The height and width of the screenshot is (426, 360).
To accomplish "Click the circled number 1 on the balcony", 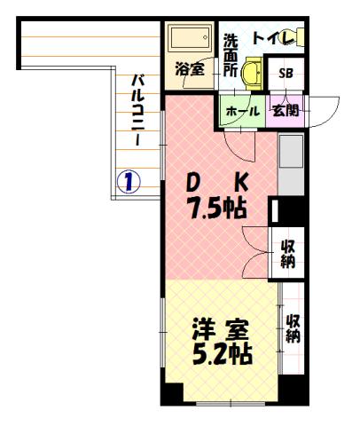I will coord(129,184).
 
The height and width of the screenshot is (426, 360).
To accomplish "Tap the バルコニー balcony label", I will coord(138,112).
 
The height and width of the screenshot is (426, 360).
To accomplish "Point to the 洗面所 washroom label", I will coord(230,53).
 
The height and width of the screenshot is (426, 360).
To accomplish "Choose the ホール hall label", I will coord(243,112).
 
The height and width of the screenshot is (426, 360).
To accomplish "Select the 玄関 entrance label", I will coord(285,112).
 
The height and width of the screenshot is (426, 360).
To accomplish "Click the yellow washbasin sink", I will coord(254,70).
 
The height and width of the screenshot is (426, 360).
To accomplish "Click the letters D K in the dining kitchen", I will coord(215,184).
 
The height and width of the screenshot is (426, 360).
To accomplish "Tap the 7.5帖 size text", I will coord(215,209).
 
